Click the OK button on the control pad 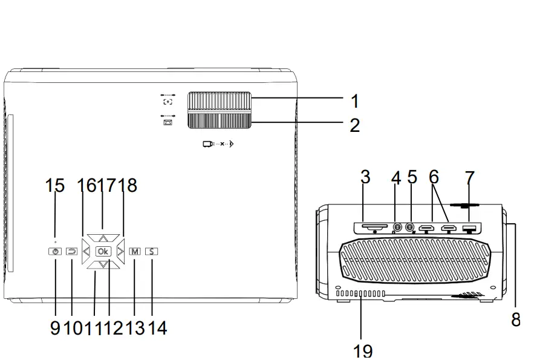103,251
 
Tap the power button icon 55,251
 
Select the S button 151,251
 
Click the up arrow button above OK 103,238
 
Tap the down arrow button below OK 103,264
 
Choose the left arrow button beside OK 86,251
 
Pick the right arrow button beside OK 120,251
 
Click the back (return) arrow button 71,251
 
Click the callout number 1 354,100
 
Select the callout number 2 354,126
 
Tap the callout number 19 363,350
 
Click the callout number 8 515,319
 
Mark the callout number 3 365,177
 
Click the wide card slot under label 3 374,226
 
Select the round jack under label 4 397,228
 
